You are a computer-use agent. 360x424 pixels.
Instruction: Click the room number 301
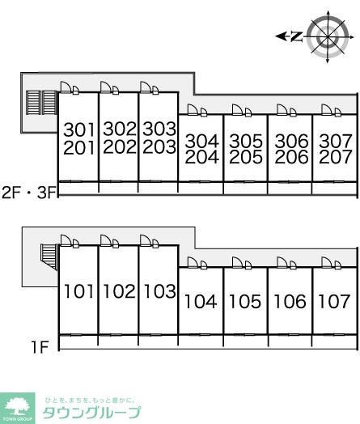pyautogui.click(x=79, y=129)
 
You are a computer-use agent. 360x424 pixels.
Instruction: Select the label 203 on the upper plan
pyautogui.click(x=159, y=146)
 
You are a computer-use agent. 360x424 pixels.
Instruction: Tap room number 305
pyautogui.click(x=246, y=141)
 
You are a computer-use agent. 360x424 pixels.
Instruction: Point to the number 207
pyautogui.click(x=336, y=157)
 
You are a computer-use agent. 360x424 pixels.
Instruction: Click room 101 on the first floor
pyautogui.click(x=78, y=291)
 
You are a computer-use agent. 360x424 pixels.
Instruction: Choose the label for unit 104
pyautogui.click(x=201, y=301)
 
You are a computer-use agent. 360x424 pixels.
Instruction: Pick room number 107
pyautogui.click(x=334, y=301)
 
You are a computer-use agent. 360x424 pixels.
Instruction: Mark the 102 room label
pyautogui.click(x=119, y=291)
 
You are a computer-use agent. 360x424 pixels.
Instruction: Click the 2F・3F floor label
pyautogui.click(x=29, y=193)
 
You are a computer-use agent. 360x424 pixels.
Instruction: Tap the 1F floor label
pyautogui.click(x=40, y=347)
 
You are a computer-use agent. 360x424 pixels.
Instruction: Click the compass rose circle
pyautogui.click(x=328, y=37)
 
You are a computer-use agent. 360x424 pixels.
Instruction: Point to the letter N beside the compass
pyautogui.click(x=297, y=36)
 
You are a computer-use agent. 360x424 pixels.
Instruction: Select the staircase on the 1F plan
pyautogui.click(x=49, y=257)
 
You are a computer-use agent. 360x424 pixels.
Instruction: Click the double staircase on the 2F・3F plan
pyautogui.click(x=42, y=103)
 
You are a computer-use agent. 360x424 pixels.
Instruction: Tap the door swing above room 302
pyautogui.click(x=109, y=88)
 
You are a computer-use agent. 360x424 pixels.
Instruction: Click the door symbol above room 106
pyautogui.click(x=286, y=263)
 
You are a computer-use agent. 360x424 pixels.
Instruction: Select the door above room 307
pyautogui.click(x=331, y=110)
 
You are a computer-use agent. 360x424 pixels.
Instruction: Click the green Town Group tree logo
pyautogui.click(x=18, y=409)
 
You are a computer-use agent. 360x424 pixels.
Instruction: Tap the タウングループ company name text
pyautogui.click(x=92, y=413)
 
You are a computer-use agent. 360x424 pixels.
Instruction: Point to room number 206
pyautogui.click(x=291, y=157)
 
